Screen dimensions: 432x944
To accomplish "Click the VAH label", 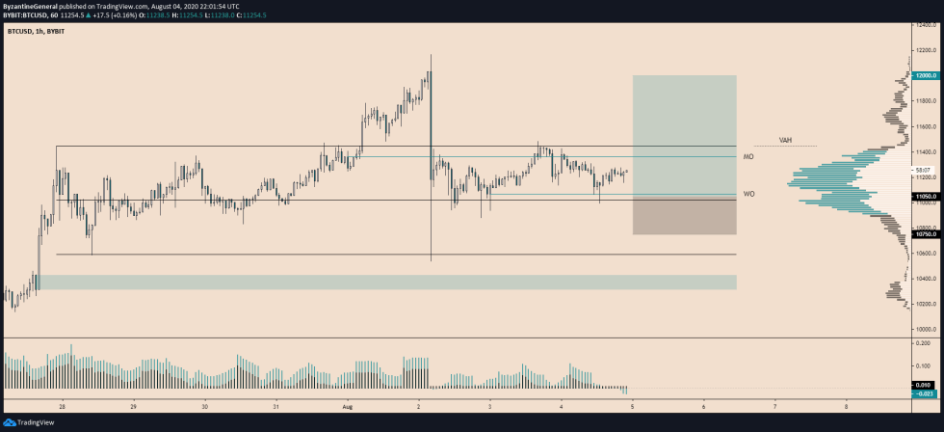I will click(x=785, y=140).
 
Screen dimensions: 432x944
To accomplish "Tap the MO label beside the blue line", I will click(x=747, y=156).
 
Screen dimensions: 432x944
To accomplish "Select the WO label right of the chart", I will click(x=748, y=194).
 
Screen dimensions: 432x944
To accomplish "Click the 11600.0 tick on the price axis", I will click(x=928, y=126).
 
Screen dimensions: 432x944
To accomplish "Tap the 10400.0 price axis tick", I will click(x=928, y=278).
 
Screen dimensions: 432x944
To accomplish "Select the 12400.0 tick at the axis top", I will click(x=928, y=25).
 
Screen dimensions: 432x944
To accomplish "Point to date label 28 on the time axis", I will click(x=63, y=405).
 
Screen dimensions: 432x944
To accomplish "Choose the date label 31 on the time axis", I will click(x=275, y=405).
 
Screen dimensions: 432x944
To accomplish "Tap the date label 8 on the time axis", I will click(x=846, y=405).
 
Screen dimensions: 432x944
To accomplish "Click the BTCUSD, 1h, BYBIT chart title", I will click(x=38, y=32).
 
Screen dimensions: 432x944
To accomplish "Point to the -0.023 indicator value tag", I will click(x=925, y=392).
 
